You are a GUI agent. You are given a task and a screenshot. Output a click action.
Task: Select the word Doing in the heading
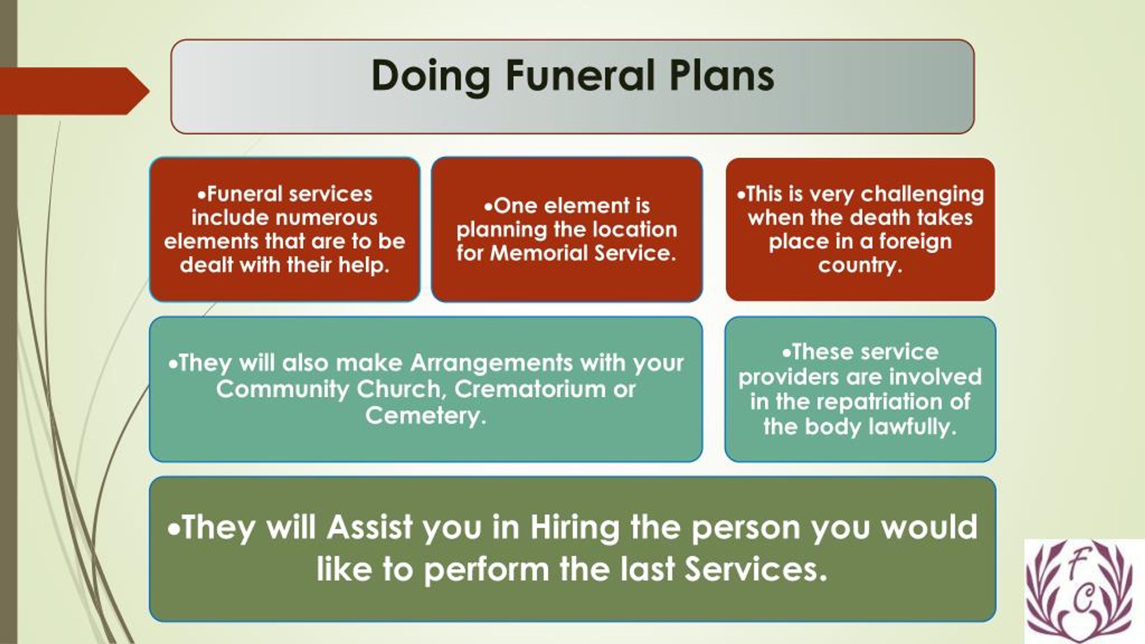[x=430, y=77]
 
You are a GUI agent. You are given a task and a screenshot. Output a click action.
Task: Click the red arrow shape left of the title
[x=72, y=91]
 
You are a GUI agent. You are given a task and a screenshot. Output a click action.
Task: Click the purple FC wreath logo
[x=1084, y=590]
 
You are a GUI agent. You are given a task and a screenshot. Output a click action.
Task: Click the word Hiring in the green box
[x=575, y=527]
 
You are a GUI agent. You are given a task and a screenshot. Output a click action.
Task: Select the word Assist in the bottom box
[x=369, y=527]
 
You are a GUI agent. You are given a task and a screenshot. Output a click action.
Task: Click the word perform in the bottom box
[x=486, y=570]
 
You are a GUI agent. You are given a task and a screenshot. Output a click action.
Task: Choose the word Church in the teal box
[x=400, y=389]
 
